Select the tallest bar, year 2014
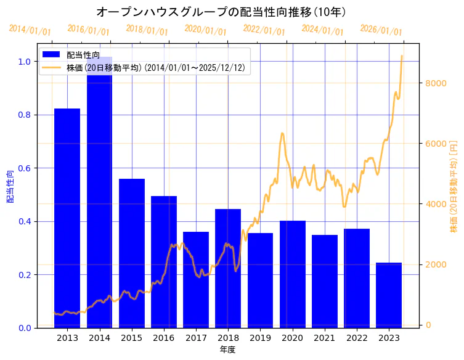(x=99, y=192)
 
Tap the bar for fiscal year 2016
(x=164, y=261)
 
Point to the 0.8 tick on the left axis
(x=25, y=115)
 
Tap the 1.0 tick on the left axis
(x=25, y=62)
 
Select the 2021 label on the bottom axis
(x=325, y=338)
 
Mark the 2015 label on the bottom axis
(x=131, y=338)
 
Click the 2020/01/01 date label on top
(x=206, y=30)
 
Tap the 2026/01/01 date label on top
(x=381, y=31)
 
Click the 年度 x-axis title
(x=228, y=350)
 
